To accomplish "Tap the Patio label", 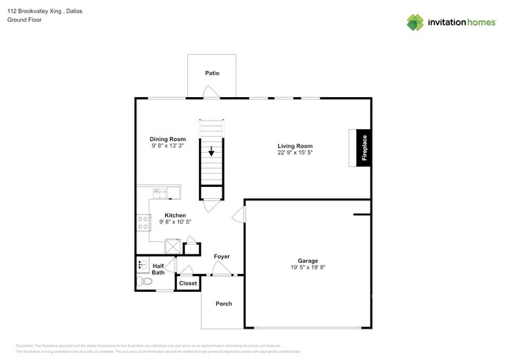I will click(x=211, y=73).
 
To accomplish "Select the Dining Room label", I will click(x=168, y=139).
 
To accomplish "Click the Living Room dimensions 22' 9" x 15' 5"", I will click(x=294, y=153).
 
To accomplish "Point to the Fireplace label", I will click(x=364, y=148).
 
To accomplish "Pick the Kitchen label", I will click(x=175, y=215).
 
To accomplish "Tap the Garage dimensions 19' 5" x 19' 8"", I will click(x=307, y=268).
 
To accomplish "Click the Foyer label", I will click(x=222, y=256).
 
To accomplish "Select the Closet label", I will click(x=188, y=283).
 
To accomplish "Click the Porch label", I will click(x=223, y=304).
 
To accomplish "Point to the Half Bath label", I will click(x=158, y=268).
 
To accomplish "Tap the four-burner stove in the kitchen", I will click(x=143, y=223).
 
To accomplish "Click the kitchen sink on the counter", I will click(x=159, y=191).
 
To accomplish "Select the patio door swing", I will click(x=210, y=92).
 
